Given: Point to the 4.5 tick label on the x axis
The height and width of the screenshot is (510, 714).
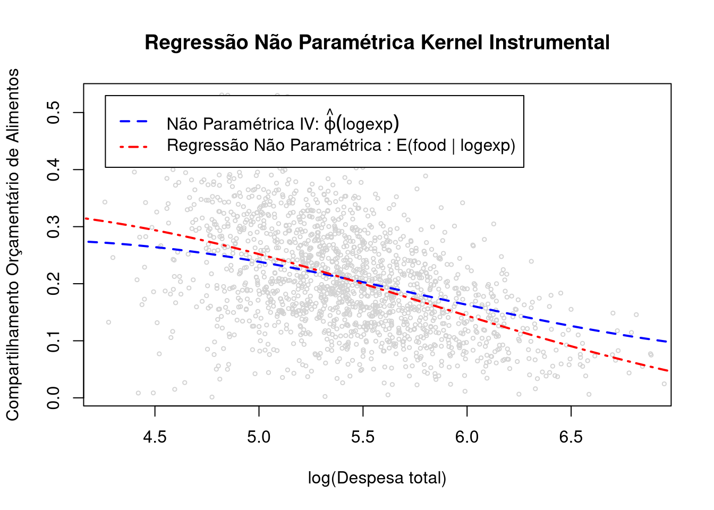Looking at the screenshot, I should point(155,437).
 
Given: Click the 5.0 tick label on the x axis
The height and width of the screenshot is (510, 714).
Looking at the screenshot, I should point(259,437).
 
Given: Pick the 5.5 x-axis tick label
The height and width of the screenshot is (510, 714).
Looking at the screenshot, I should point(363,437).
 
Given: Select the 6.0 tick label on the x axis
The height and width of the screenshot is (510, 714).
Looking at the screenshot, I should point(467,437).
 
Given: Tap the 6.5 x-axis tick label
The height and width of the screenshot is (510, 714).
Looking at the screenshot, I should point(571,437).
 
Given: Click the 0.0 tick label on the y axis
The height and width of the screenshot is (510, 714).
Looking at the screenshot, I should point(54,398).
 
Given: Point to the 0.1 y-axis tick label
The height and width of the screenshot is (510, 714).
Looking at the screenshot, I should point(54,341).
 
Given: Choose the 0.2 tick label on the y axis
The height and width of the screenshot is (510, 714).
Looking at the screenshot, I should point(54,284).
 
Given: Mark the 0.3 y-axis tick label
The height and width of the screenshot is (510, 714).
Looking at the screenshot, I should point(54,227).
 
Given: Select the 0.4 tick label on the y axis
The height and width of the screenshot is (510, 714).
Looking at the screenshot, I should point(54,169).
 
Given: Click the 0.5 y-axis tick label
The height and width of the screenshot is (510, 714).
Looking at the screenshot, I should point(54,113).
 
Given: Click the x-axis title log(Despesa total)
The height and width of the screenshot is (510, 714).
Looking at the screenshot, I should point(377,478).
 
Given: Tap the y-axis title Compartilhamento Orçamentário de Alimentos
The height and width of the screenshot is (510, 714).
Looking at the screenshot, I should point(13,244).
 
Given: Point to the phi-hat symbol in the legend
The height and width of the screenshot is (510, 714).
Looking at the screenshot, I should point(330,122).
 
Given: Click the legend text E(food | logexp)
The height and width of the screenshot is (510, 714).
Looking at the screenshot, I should point(456,146).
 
